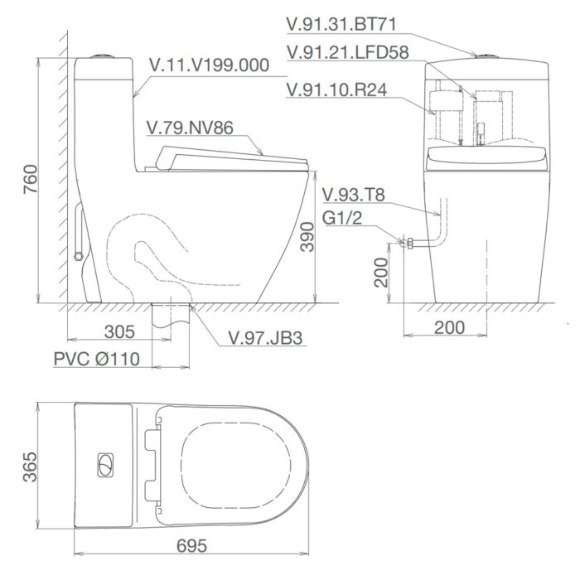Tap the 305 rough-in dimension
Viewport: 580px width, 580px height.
120,332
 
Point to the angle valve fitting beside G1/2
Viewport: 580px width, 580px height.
404,243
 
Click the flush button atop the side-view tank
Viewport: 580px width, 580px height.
103,56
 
